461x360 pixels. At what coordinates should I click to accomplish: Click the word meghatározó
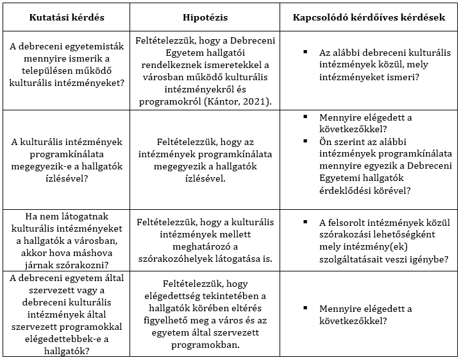204,247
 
